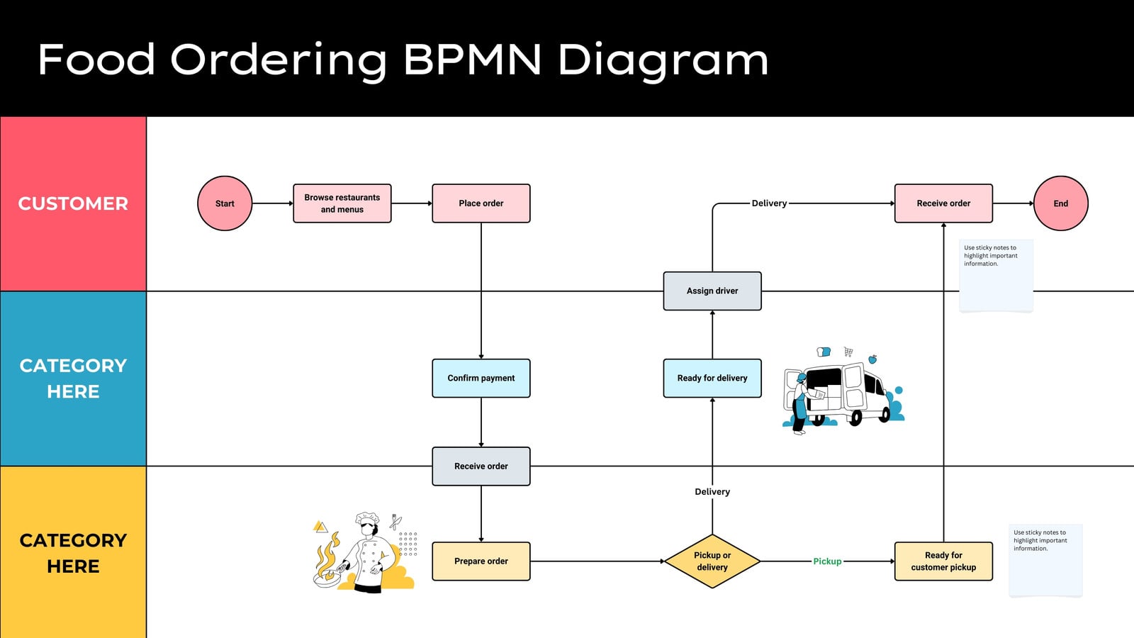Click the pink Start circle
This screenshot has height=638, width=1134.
point(225,203)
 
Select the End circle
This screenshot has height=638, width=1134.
point(1060,203)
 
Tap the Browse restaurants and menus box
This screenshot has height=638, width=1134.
point(342,203)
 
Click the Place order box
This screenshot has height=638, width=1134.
point(481,203)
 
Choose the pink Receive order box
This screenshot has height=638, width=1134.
point(943,203)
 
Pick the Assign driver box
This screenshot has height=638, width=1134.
point(712,291)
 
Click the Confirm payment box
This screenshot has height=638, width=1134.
point(481,379)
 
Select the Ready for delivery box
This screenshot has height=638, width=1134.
point(712,379)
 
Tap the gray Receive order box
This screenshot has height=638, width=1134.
point(481,466)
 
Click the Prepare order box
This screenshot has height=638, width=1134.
point(481,561)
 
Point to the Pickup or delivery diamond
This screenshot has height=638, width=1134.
point(712,561)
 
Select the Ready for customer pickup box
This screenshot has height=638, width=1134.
point(943,561)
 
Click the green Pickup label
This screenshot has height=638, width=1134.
point(827,561)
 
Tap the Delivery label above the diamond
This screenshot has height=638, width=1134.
point(712,492)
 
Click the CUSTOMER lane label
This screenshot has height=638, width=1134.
point(74,203)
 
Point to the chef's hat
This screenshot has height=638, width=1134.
point(367,518)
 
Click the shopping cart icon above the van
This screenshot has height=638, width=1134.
point(848,352)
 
